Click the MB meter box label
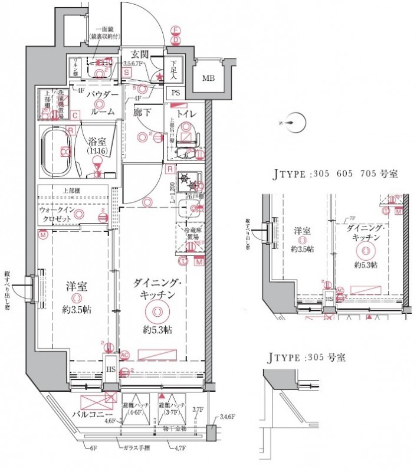(209, 78)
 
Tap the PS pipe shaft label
(176, 93)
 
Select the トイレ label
(187, 112)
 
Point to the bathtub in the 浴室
(58, 150)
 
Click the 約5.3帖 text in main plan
(156, 329)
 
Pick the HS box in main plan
(110, 370)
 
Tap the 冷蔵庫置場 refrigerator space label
(190, 235)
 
